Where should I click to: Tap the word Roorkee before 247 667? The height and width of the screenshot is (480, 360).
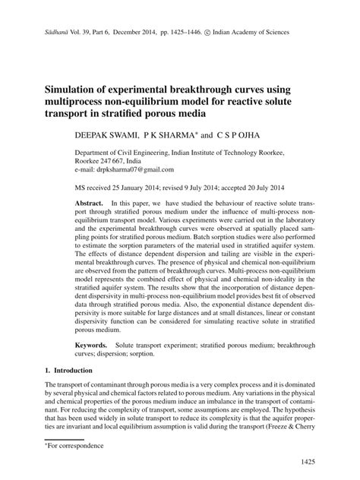87,162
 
